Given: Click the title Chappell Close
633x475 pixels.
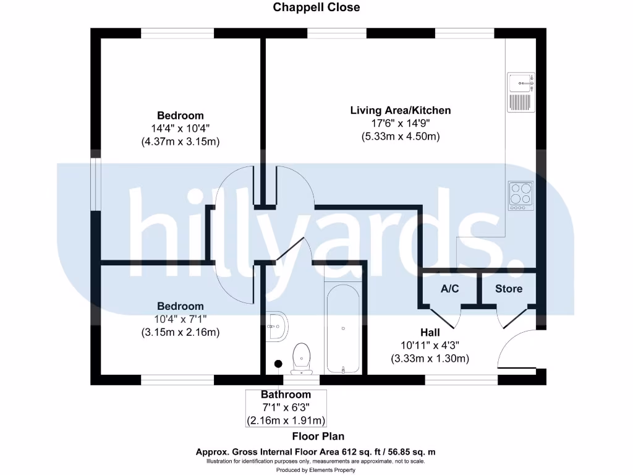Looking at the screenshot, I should click(x=316, y=7).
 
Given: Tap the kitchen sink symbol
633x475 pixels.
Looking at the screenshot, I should click(x=520, y=92).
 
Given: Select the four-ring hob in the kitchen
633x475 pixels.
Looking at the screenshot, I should click(x=520, y=195).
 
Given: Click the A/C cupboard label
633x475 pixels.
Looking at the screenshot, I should click(x=449, y=289).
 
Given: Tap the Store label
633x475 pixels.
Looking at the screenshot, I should click(x=509, y=289).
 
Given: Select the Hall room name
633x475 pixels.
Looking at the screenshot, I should click(x=430, y=333).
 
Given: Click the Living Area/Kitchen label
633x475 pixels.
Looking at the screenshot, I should click(x=401, y=111).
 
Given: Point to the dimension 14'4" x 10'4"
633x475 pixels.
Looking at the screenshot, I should click(x=181, y=129).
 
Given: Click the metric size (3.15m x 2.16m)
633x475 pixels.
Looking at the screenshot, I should click(x=181, y=332).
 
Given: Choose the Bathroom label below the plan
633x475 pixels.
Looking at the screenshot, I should click(x=286, y=395).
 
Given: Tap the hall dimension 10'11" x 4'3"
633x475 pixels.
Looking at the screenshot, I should click(x=430, y=346).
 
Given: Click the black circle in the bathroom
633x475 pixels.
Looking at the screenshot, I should click(x=278, y=364).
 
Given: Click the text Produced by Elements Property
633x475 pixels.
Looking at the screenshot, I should click(x=316, y=470).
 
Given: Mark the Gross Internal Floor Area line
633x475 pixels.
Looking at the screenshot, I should click(x=316, y=451).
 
